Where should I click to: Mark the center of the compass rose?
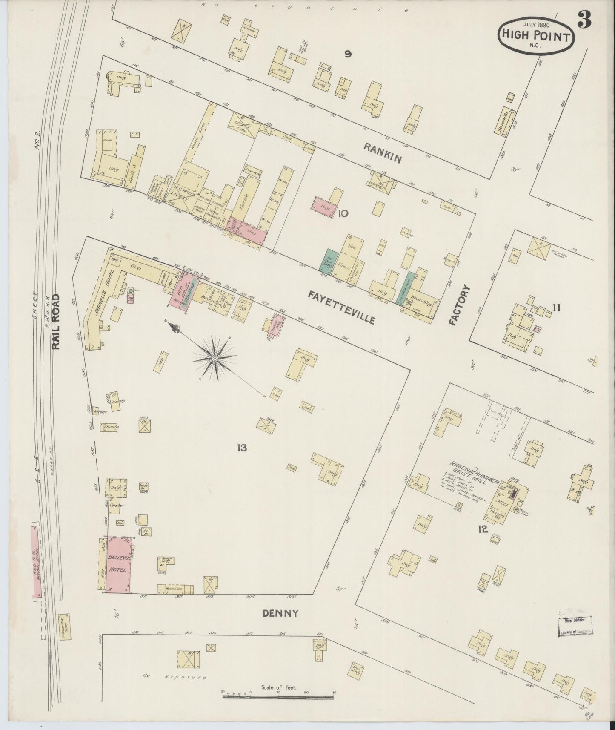click(x=215, y=359)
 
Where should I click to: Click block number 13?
click(x=242, y=448)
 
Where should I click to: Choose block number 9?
click(x=348, y=54)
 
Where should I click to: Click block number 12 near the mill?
click(x=482, y=530)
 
